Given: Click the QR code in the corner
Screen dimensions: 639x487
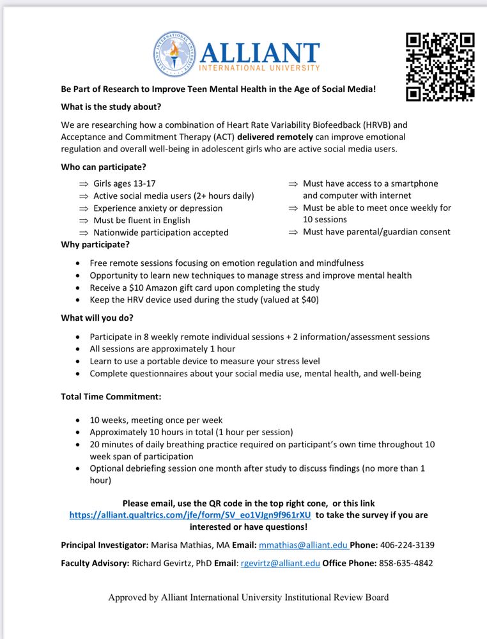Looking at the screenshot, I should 440,67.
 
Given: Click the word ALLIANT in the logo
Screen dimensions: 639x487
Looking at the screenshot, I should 259,52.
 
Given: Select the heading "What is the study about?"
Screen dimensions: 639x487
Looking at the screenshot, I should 111,107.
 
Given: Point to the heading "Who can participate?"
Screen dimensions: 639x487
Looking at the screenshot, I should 104,167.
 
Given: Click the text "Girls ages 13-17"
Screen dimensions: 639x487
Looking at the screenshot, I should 125,183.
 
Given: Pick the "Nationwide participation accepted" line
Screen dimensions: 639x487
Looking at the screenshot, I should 160,233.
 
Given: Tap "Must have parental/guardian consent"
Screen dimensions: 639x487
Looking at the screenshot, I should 376,232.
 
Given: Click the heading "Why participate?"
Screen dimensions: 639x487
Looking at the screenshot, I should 95,244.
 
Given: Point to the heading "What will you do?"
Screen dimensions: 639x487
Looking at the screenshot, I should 97,318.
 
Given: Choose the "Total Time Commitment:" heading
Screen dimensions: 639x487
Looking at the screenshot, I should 111,397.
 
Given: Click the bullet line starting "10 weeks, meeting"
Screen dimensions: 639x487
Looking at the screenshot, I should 156,420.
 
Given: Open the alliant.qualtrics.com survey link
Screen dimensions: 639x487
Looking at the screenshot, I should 190,515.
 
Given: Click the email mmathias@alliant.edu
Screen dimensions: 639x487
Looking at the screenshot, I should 302,545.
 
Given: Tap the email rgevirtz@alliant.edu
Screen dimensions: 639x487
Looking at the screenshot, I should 279,564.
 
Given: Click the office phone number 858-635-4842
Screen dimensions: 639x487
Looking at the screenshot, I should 405,564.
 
